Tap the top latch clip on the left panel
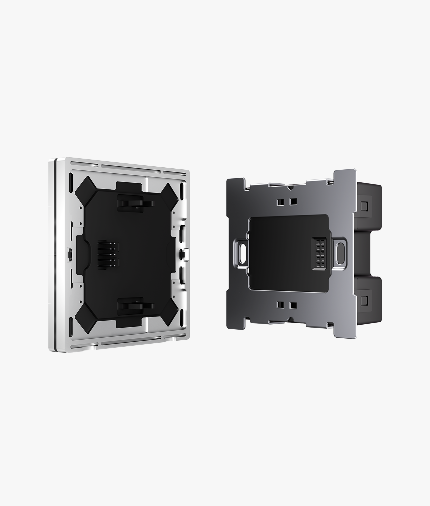pyautogui.click(x=134, y=202)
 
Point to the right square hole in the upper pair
pyautogui.click(x=293, y=202)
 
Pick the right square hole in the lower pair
pyautogui.click(x=293, y=305)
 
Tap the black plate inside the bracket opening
pyautogui.click(x=281, y=254)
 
